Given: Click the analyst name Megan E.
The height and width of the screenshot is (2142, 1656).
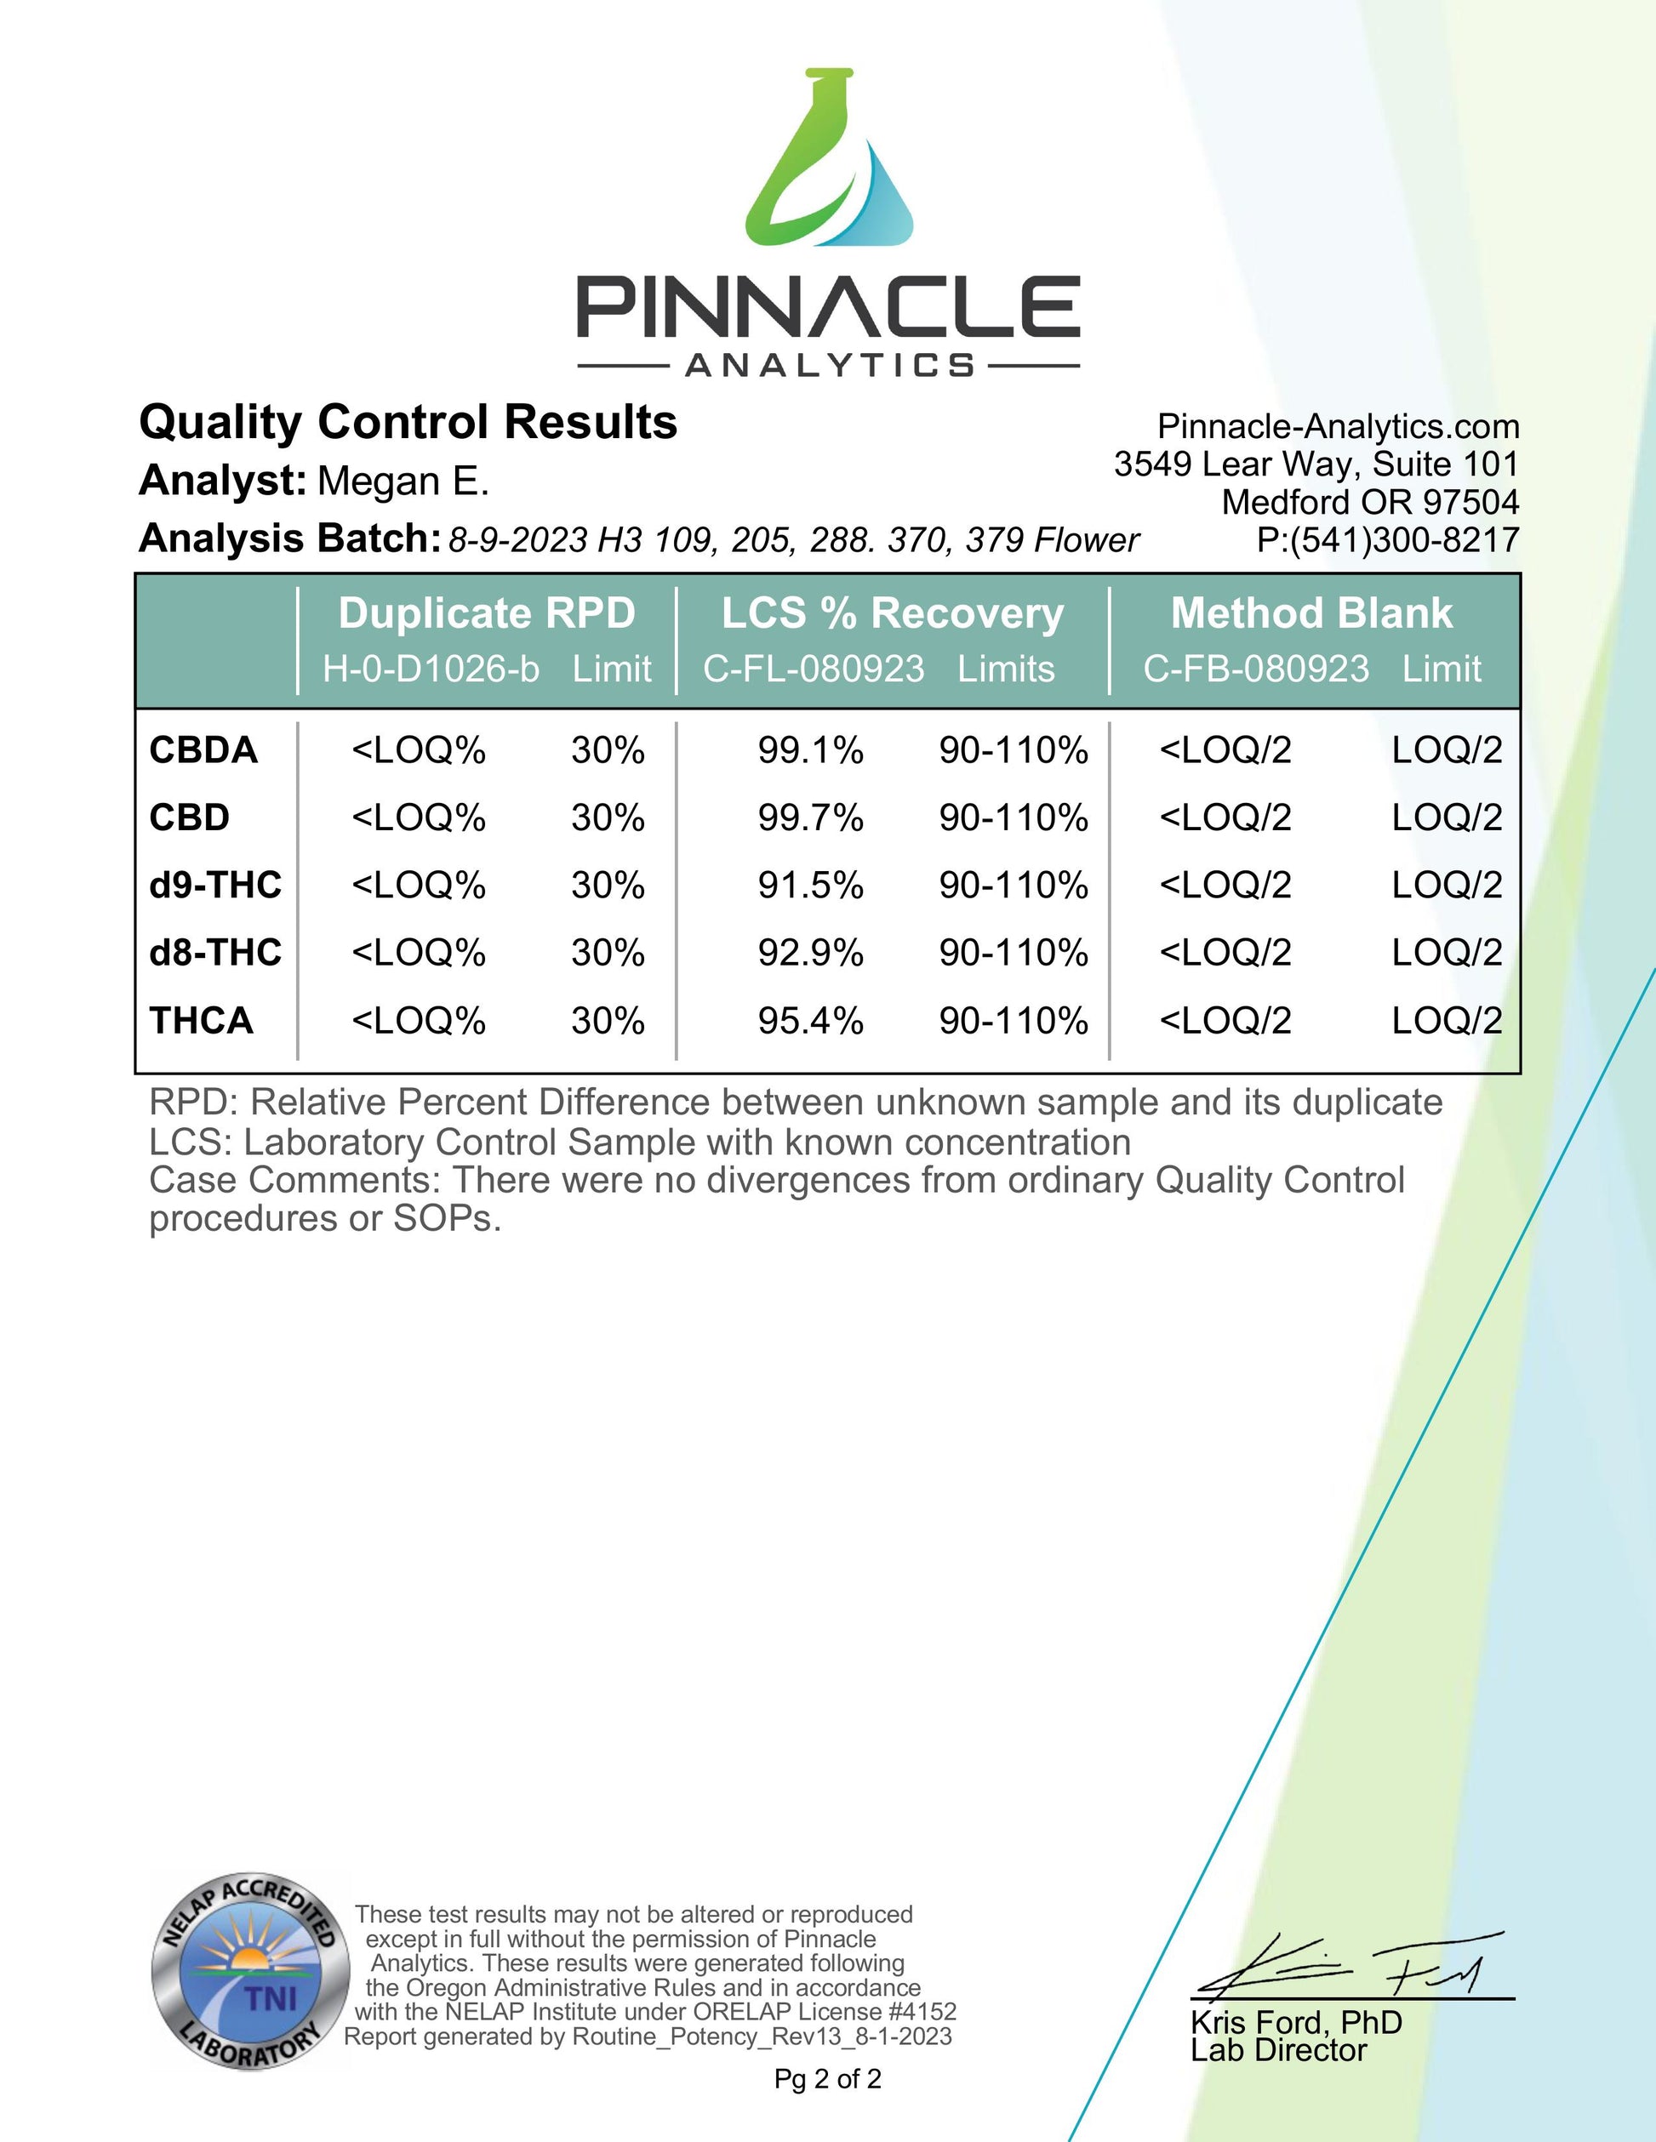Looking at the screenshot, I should point(403,481).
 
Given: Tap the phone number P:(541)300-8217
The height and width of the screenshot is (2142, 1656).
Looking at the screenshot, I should point(1387,539).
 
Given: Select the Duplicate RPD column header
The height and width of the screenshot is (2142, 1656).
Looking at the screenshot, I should point(487,614).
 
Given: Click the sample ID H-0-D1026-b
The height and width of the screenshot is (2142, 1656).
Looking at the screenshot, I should point(431,669).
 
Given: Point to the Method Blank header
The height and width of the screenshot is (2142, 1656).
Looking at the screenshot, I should point(1311,614).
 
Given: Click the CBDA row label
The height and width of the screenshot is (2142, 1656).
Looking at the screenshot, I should point(203,750).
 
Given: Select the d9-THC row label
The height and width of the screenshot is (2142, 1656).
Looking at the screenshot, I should point(214,885).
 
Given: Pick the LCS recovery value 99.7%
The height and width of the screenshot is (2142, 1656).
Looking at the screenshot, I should point(810,818).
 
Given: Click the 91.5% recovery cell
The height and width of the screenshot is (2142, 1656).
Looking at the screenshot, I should point(810,885).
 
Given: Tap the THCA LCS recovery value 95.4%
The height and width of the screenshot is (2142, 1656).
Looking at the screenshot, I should point(810,1021).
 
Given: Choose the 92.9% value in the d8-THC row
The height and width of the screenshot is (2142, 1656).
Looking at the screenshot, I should point(810,952).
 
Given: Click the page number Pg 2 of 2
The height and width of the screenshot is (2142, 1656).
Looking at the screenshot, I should point(828,2079).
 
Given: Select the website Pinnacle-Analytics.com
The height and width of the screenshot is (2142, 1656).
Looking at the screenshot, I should point(1338,427).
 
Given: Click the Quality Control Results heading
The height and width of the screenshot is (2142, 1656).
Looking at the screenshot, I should point(408,423).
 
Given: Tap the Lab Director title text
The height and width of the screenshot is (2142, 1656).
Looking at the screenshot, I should point(1278,2051).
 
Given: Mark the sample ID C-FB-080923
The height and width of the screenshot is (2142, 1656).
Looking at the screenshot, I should point(1256,669).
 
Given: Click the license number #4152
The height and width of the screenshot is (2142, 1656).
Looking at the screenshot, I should point(922,2012).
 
